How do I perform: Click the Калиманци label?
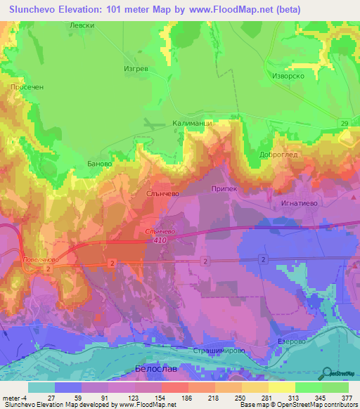tap(192, 123)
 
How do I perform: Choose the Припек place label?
tap(225, 189)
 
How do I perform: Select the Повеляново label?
tap(35, 259)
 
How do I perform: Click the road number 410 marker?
tap(157, 240)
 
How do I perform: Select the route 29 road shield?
tap(345, 124)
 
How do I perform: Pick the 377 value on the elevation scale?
tap(347, 397)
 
